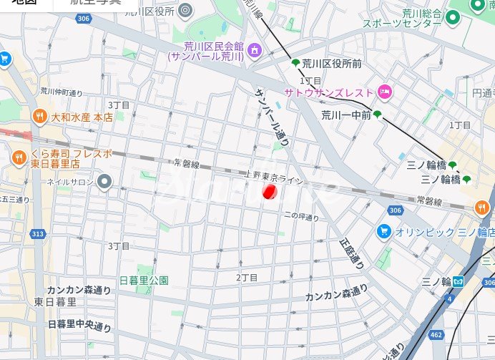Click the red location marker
[270, 192]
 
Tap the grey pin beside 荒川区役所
[186, 10]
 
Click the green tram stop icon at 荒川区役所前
[295, 64]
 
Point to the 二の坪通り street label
[301, 216]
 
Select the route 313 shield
[38, 234]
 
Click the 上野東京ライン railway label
[274, 178]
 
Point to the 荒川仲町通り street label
[62, 92]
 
